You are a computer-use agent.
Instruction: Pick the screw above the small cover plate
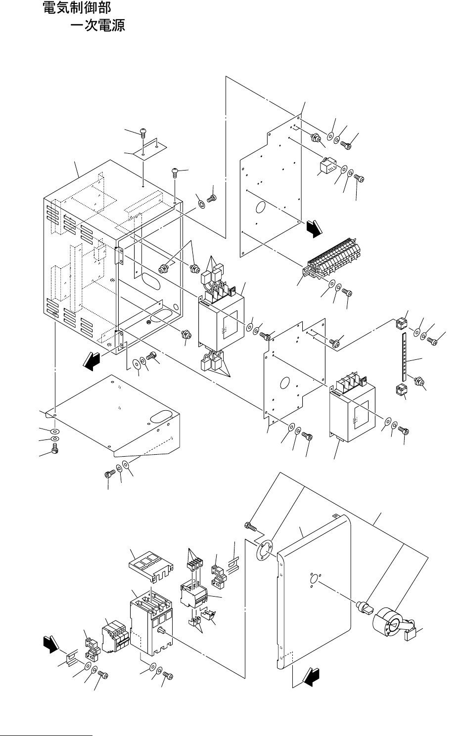[x=143, y=132]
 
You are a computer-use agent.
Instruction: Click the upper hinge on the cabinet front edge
[x=119, y=256]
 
